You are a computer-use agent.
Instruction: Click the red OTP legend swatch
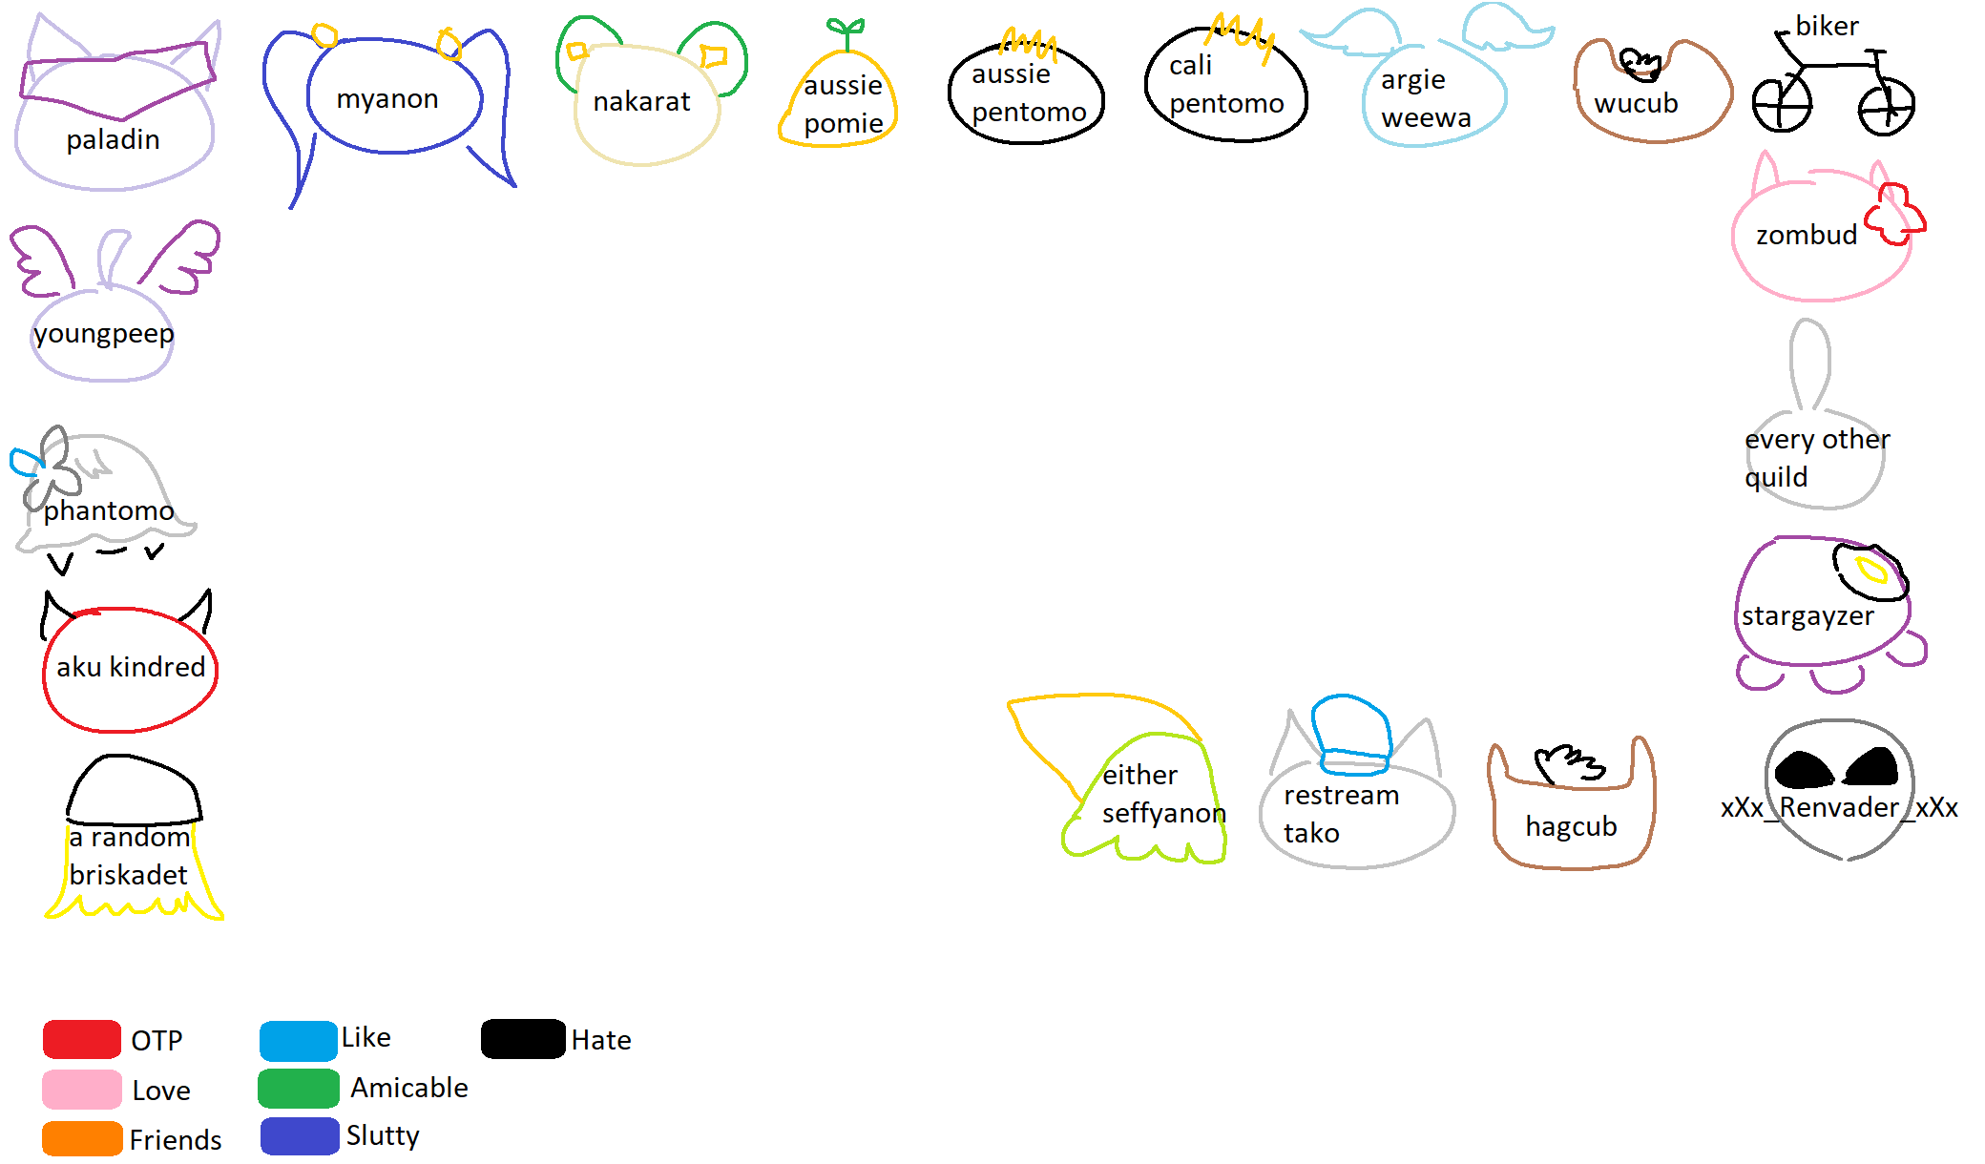click(x=82, y=1039)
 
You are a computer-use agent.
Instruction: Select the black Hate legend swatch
click(x=523, y=1039)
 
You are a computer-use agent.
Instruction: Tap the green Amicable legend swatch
click(x=298, y=1088)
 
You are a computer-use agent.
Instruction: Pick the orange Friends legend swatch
click(x=82, y=1138)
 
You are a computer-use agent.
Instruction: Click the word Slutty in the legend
click(x=383, y=1135)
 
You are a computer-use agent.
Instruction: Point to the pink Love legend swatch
click(x=82, y=1089)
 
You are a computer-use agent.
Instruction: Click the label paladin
click(x=113, y=140)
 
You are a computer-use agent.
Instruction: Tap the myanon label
click(x=387, y=99)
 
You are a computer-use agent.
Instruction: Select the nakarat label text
click(x=641, y=101)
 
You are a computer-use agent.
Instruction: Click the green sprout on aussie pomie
click(x=846, y=31)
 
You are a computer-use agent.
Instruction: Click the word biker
click(x=1827, y=26)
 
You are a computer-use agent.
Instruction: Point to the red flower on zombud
click(x=1894, y=214)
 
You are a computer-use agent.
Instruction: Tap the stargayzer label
click(x=1807, y=616)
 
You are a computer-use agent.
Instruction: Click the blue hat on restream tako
click(x=1350, y=731)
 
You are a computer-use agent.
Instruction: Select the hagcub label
click(x=1571, y=826)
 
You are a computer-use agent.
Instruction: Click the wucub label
click(x=1636, y=103)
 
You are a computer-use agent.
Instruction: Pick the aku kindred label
click(x=131, y=667)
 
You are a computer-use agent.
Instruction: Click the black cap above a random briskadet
click(x=134, y=790)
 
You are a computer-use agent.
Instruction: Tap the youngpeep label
click(x=104, y=334)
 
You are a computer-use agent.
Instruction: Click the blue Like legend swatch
click(x=298, y=1040)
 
